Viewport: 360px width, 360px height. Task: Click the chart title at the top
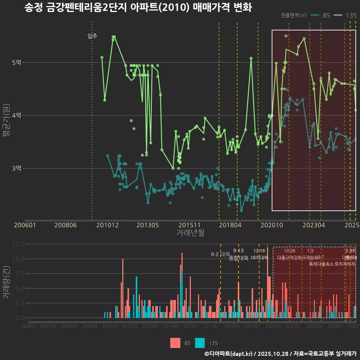(x=138, y=8)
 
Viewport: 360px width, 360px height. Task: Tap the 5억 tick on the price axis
(x=16, y=62)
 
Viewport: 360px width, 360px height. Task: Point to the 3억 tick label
(x=16, y=168)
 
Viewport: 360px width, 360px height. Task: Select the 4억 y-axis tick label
(x=16, y=115)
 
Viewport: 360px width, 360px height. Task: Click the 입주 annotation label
(x=92, y=36)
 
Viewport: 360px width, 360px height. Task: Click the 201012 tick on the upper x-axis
(x=107, y=225)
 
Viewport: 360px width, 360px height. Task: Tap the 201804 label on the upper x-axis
(x=230, y=225)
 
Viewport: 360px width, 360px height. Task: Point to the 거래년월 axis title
(x=190, y=233)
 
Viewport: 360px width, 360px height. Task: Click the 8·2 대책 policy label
(x=220, y=254)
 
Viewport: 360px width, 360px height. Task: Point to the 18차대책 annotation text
(x=259, y=258)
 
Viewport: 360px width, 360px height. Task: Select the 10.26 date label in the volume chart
(x=289, y=250)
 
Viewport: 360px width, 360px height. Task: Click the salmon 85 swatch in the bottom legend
(x=175, y=343)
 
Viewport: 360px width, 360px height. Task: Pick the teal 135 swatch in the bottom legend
(x=200, y=343)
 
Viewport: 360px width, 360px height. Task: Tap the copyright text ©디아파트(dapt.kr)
(x=229, y=354)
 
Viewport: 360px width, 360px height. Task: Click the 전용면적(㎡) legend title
(x=294, y=15)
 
